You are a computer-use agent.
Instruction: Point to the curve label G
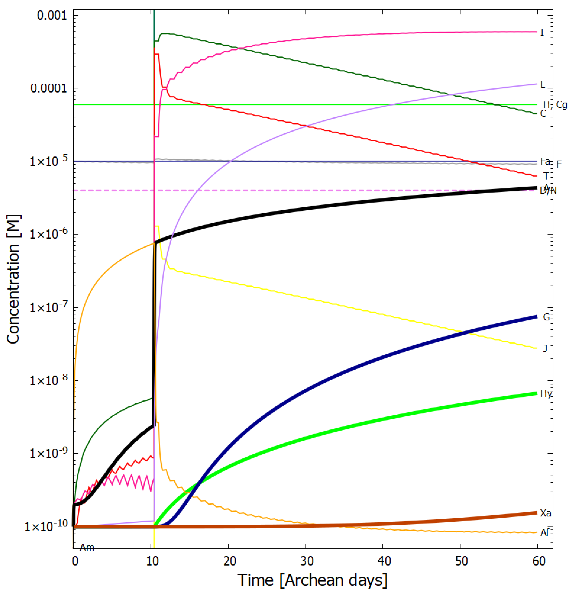pyautogui.click(x=546, y=317)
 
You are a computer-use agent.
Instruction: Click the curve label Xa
pyautogui.click(x=546, y=513)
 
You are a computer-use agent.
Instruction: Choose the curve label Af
pyautogui.click(x=545, y=533)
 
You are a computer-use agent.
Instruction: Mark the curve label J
pyautogui.click(x=545, y=348)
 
